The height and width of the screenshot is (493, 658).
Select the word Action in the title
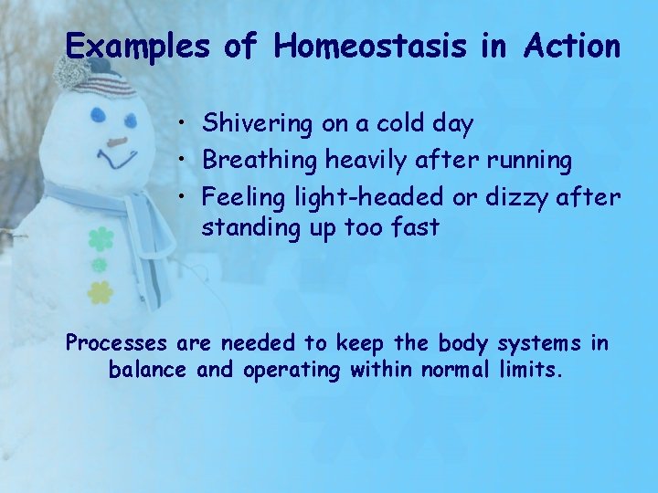(x=572, y=46)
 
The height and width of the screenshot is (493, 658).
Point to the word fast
(x=415, y=227)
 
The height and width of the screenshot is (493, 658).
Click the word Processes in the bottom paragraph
(x=116, y=344)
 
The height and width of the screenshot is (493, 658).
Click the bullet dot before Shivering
(x=185, y=122)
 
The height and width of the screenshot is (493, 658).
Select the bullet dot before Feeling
(x=185, y=197)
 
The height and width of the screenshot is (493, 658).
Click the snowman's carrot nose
(x=117, y=142)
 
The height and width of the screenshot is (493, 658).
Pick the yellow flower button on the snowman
(x=100, y=292)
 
